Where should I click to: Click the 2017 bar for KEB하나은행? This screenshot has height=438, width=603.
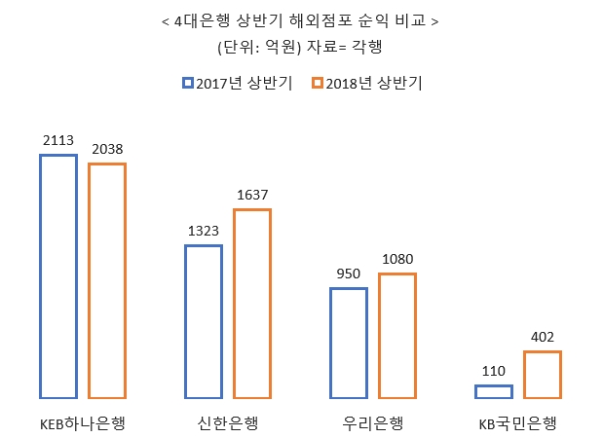[58, 276]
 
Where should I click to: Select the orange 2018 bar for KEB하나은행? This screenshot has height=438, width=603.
[107, 280]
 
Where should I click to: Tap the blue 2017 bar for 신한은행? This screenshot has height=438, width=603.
[204, 321]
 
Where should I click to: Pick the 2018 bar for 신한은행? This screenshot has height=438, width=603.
[252, 304]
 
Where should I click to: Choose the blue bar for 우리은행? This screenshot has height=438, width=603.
[349, 343]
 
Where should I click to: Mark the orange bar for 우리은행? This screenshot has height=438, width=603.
[397, 336]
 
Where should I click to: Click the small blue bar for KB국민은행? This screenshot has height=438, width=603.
[494, 391]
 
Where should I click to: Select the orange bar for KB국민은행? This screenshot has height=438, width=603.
[543, 375]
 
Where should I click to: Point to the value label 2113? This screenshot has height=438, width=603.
[58, 140]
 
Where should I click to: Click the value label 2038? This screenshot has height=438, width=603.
[107, 150]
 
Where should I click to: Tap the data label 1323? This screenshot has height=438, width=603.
[204, 231]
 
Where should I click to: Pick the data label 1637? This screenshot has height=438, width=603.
[252, 195]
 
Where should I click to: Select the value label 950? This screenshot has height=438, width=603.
[349, 274]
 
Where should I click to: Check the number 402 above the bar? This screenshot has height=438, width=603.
[543, 338]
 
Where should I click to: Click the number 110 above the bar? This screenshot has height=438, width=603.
[494, 371]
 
